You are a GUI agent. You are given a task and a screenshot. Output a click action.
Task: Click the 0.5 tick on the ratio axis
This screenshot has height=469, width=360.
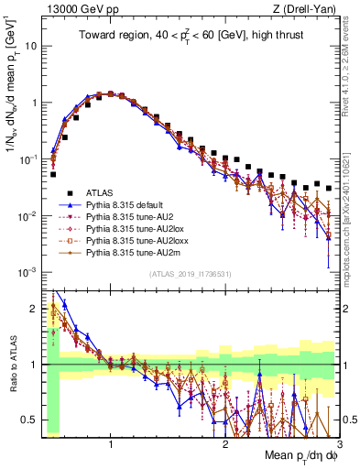(30, 420)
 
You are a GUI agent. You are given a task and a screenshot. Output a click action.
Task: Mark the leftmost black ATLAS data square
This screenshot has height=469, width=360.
(53, 174)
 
